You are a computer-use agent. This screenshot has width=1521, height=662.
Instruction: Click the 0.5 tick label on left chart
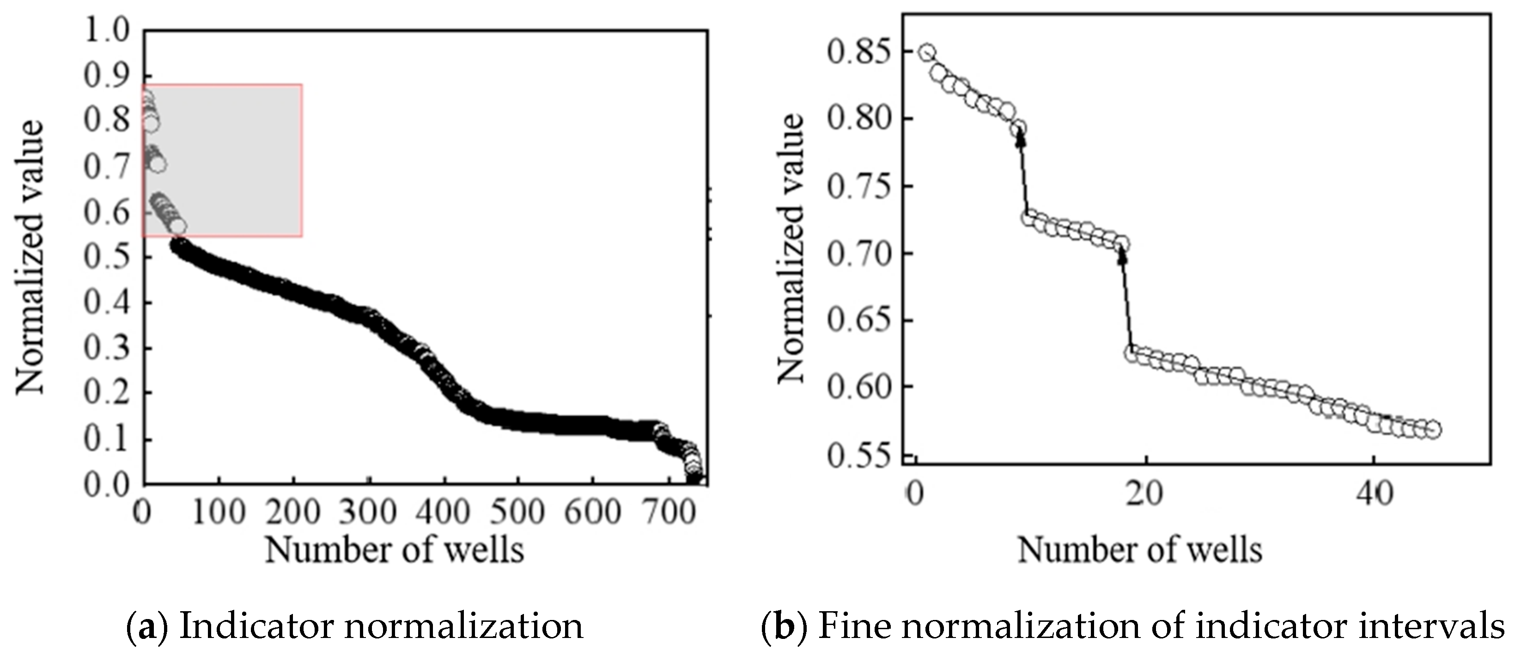point(106,257)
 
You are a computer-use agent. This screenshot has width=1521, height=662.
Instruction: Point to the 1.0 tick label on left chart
point(106,30)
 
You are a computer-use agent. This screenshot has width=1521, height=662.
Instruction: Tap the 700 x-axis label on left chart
point(669,512)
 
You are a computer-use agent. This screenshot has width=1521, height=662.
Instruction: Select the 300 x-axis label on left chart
point(368,512)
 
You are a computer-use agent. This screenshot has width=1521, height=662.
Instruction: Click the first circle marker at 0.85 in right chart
point(927,53)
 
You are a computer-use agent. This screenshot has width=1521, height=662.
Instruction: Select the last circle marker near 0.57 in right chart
point(1432,430)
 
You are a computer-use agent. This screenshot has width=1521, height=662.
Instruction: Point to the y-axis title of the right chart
point(790,248)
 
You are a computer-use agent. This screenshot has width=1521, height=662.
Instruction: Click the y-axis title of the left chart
point(30,257)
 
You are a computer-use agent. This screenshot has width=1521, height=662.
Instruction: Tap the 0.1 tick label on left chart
point(106,439)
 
